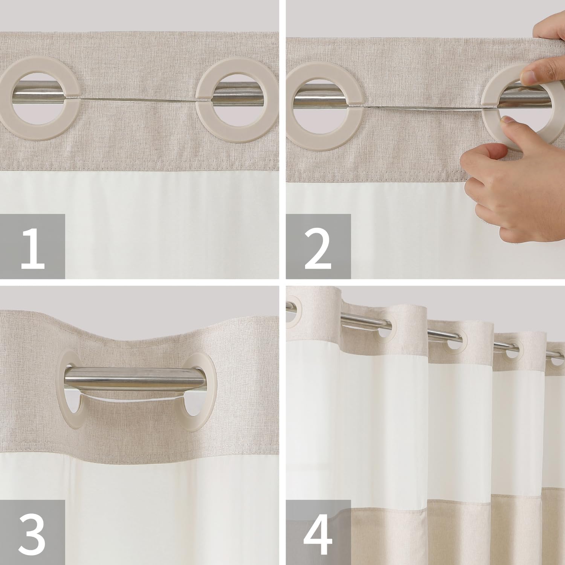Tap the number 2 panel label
tap(318, 246)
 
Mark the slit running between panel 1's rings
tap(137, 99)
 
